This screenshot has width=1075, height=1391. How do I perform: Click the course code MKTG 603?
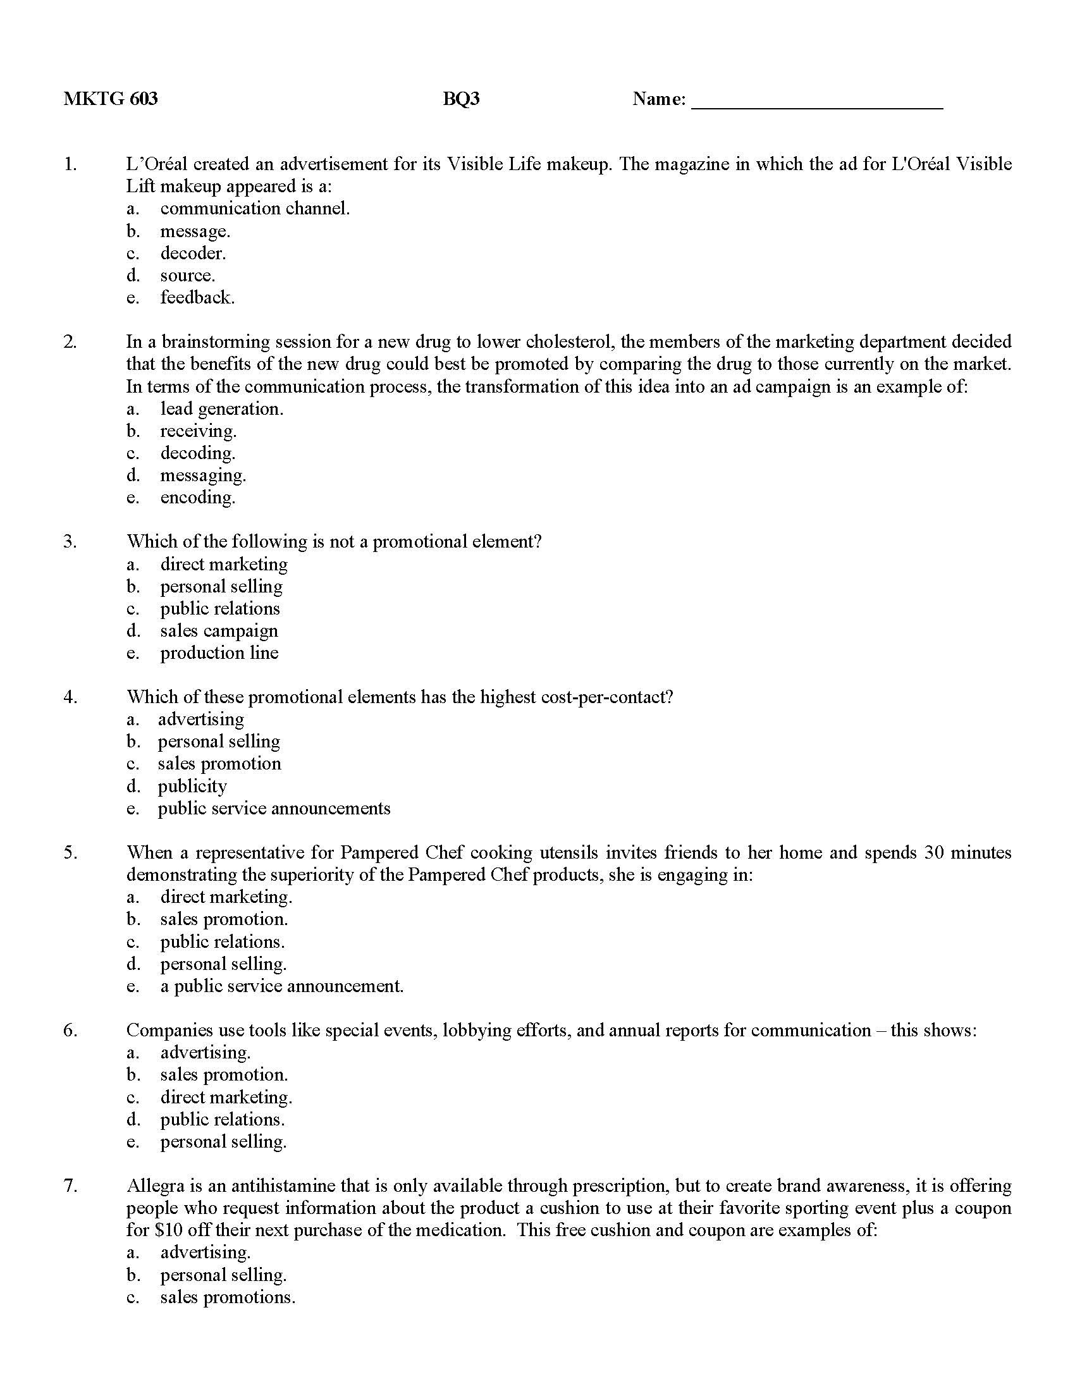coord(110,99)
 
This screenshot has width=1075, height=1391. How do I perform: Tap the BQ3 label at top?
coord(461,99)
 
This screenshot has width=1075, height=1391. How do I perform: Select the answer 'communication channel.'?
coord(255,208)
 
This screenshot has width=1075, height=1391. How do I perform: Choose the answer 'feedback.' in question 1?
coord(197,297)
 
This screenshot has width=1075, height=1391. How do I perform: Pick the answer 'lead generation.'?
coord(221,409)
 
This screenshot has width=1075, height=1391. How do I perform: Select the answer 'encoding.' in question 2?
coord(197,498)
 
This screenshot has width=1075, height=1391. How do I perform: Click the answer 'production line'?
coord(219,653)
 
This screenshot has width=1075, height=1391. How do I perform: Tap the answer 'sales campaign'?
coord(219,630)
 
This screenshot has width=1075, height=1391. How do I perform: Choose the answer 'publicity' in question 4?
coord(192,786)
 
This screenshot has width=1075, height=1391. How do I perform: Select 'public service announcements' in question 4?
coord(274,808)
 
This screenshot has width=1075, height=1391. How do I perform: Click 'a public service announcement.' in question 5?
coord(281,986)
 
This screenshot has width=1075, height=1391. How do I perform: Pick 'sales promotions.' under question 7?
coord(228,1297)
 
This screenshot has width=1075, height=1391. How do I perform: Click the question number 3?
coord(70,542)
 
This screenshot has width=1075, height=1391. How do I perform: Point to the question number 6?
coord(70,1031)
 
